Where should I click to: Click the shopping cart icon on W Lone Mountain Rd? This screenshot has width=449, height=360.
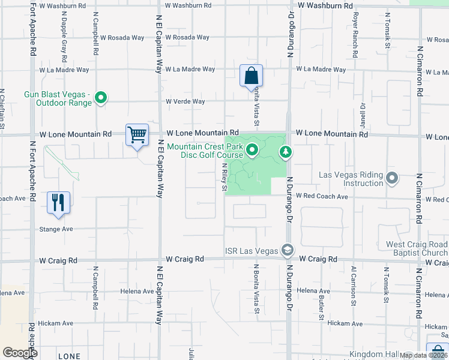click(x=137, y=135)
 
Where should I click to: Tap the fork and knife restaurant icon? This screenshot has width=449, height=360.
click(x=58, y=202)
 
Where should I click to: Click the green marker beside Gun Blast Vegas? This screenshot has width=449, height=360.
click(x=101, y=97)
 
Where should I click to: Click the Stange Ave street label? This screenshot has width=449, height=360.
click(x=57, y=229)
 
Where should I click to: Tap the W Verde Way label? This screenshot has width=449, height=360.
click(x=185, y=101)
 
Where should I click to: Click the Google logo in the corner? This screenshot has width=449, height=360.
click(x=20, y=353)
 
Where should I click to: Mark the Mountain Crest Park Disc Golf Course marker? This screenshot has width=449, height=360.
click(x=252, y=150)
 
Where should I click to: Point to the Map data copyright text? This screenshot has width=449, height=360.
click(x=423, y=355)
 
